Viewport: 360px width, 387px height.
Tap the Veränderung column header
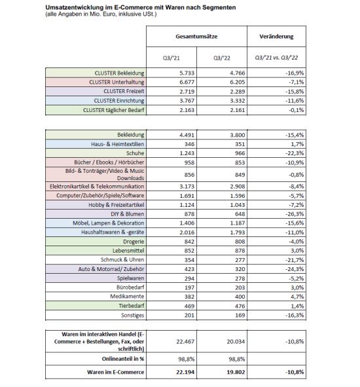(x=276, y=37)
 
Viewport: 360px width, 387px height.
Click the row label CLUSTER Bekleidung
(x=118, y=73)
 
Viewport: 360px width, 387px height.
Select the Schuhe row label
(x=134, y=152)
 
